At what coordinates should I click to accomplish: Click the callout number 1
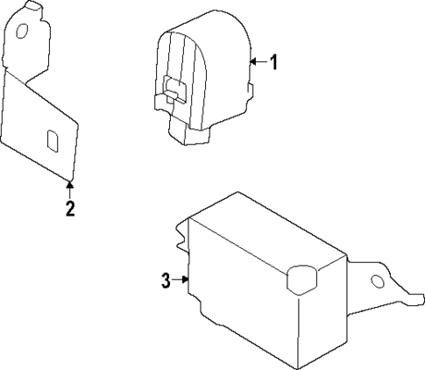click(x=273, y=62)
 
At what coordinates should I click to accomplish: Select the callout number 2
click(x=70, y=209)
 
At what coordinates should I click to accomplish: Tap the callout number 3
click(x=165, y=281)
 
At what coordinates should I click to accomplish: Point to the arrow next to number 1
click(x=258, y=61)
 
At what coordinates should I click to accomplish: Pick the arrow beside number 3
click(x=182, y=280)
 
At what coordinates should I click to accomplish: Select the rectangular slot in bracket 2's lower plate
click(x=53, y=141)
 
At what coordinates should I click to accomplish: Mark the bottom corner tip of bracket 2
click(x=70, y=179)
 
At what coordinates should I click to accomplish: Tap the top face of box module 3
click(x=263, y=232)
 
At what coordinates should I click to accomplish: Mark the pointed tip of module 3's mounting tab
click(x=418, y=301)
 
